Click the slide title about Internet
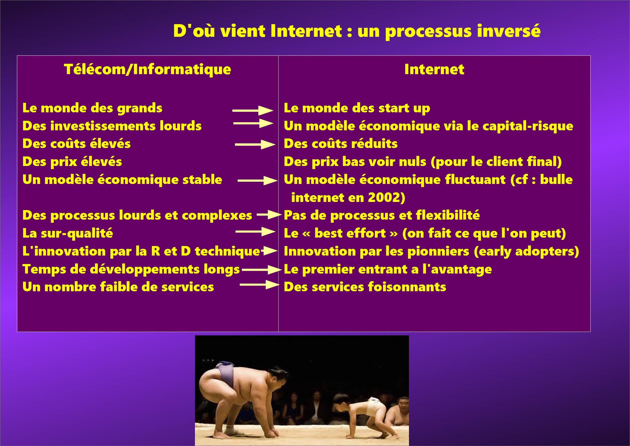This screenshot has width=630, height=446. coord(357,31)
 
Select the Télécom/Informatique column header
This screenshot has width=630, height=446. coord(148,69)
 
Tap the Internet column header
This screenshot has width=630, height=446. coord(434,69)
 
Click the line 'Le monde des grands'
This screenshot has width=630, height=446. coord(92,108)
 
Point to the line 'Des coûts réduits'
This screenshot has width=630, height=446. coord(341,144)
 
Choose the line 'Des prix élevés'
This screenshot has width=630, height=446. coord(72,162)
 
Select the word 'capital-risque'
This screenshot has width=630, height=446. coord(528,126)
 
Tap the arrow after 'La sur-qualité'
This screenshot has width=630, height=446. coord(255,232)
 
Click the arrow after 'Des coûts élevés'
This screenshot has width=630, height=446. coord(255,145)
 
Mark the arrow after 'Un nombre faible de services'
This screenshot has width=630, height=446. coord(260,285)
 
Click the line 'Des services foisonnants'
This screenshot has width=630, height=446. coord(365,287)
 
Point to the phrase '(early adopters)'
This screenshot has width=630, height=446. coord(526,251)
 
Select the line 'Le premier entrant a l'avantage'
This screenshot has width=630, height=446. coord(388,269)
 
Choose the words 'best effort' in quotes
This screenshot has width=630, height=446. coord(350,233)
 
